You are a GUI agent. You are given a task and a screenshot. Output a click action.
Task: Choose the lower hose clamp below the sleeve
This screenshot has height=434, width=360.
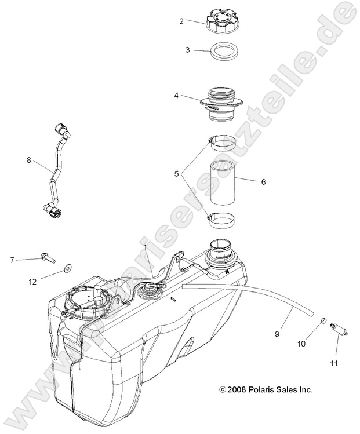click(x=221, y=220)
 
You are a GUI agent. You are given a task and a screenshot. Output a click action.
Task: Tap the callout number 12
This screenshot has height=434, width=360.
click(x=34, y=282)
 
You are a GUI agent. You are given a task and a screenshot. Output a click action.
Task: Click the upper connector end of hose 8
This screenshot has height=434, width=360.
click(x=62, y=129)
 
